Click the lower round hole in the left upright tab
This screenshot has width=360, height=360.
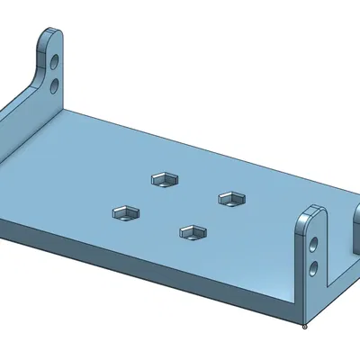point(56,85)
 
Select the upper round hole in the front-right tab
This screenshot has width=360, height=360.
point(313,244)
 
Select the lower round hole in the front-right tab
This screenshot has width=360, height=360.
point(313,267)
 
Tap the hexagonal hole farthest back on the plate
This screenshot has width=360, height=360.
point(163,178)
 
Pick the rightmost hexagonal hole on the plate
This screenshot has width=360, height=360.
point(231,198)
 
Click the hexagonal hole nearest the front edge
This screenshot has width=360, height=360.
point(193,233)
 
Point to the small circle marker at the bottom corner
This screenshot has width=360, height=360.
point(306,326)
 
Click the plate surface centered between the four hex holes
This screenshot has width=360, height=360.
point(178,205)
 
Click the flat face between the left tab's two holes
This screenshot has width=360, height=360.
point(56,75)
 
